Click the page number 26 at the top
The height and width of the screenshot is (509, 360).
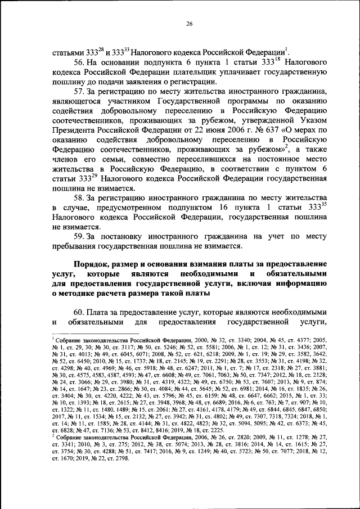click(x=190, y=23)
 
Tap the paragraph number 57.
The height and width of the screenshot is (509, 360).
click(x=80, y=91)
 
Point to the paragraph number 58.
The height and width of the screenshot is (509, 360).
click(x=80, y=197)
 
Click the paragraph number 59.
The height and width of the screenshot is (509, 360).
click(x=80, y=236)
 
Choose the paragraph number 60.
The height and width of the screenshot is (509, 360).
click(x=80, y=312)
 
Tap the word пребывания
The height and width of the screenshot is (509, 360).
click(x=76, y=246)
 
